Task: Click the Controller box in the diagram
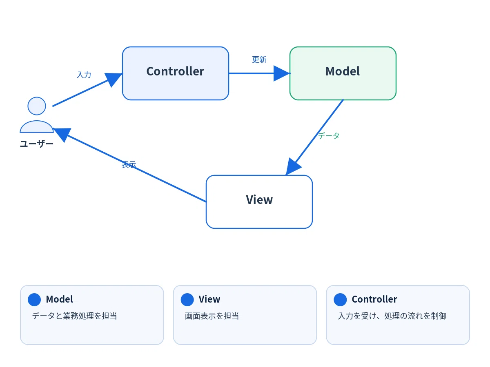[176, 73]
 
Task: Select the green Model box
[343, 73]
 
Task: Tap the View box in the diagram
[259, 202]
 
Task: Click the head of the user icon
[37, 106]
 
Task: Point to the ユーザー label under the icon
[37, 144]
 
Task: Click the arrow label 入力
[84, 75]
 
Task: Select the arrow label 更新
[259, 60]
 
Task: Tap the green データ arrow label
[329, 135]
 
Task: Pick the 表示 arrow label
[129, 164]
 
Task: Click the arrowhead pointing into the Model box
[282, 73]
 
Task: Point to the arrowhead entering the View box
[293, 167]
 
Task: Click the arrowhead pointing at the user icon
[62, 135]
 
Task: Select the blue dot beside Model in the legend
[34, 300]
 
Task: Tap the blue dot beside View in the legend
[187, 300]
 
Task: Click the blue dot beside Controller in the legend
[340, 300]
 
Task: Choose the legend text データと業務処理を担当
[75, 316]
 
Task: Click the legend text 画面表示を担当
[212, 316]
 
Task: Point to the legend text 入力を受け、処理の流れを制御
[392, 316]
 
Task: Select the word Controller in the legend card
[374, 299]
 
